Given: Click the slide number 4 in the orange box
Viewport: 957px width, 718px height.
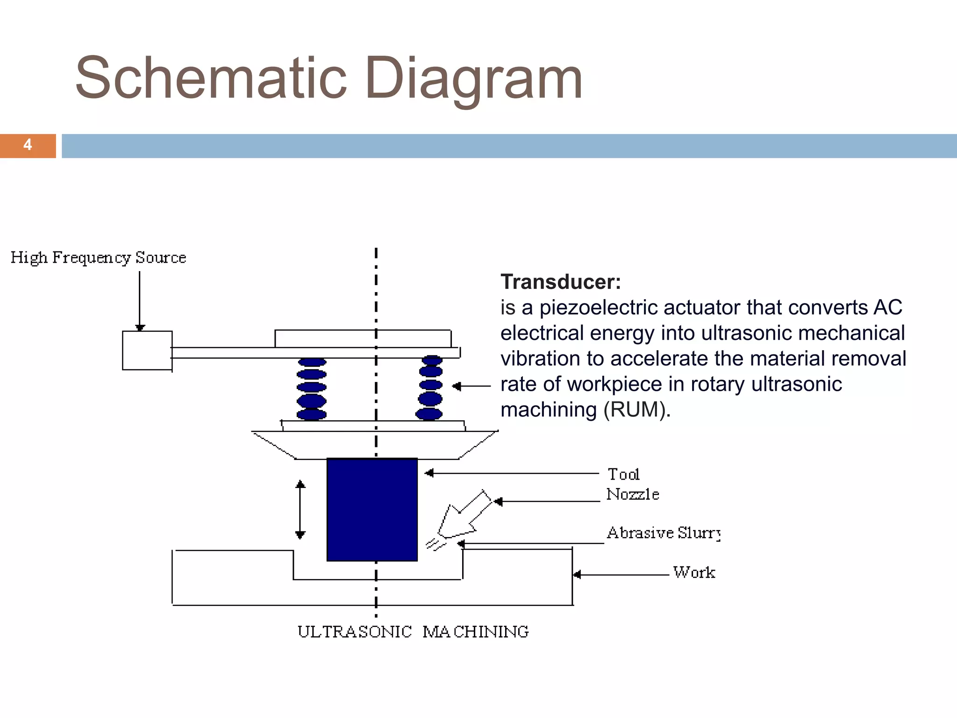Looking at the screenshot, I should pos(28,145).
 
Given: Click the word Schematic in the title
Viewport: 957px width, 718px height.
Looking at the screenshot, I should pos(211,78).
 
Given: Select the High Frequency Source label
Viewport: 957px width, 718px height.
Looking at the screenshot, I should pos(98,258).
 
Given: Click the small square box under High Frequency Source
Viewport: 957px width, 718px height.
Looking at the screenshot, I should pos(147,350).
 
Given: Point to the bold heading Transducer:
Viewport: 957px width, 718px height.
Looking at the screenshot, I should pos(561,282).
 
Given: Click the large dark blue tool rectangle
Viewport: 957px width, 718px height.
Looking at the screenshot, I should pos(372,509).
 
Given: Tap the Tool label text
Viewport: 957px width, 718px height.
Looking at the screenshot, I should pos(623,474).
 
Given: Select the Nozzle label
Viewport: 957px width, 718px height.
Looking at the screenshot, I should pos(633,494).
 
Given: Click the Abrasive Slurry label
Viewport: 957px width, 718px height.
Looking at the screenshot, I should pos(664,533).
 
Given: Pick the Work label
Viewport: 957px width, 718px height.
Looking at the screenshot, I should pos(694,573).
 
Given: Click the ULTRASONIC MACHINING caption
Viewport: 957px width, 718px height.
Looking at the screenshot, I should pos(413,632).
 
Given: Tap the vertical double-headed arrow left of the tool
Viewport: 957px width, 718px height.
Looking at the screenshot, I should pos(300,510).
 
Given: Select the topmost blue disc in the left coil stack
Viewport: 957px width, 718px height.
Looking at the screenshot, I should pos(312,362).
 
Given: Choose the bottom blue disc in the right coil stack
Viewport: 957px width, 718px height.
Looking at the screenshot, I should pos(429,414).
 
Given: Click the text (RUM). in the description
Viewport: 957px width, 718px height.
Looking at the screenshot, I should pos(637,410).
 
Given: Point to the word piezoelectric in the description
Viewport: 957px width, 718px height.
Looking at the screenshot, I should pos(599,308).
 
